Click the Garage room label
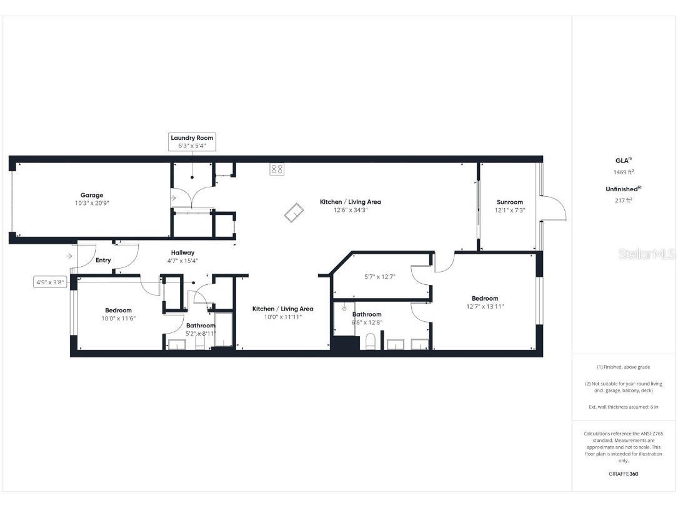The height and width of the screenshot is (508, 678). (x=92, y=195)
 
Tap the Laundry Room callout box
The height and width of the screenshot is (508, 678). (x=192, y=141)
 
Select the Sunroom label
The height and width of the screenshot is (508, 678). (x=510, y=202)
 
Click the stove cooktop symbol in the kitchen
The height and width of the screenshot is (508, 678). (x=277, y=169)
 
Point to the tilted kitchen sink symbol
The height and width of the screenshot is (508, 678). (x=292, y=214)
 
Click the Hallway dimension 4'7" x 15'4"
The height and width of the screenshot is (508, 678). (x=182, y=261)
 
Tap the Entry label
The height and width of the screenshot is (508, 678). (x=103, y=260)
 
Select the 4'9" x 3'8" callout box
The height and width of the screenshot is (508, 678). (x=50, y=282)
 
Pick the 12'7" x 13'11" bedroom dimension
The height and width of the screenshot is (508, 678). (x=485, y=306)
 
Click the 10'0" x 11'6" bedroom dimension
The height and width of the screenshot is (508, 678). (x=118, y=318)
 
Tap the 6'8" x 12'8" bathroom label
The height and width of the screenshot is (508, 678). (x=367, y=322)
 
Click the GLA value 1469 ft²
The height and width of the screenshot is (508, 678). (x=624, y=172)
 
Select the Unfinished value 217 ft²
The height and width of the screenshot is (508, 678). (x=624, y=200)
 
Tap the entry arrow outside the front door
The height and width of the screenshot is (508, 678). (x=68, y=256)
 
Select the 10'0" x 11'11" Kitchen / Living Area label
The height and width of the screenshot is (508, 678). (x=282, y=312)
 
